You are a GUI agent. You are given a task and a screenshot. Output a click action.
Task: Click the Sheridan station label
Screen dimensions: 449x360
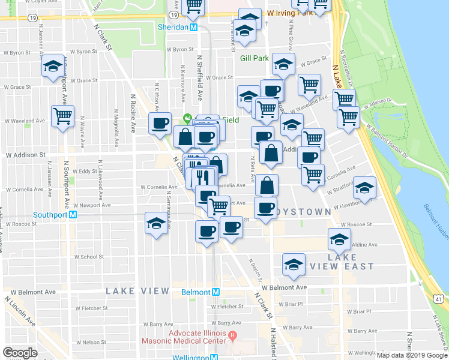coord(173,28)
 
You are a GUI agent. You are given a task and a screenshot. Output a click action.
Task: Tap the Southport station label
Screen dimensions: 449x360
coord(50,214)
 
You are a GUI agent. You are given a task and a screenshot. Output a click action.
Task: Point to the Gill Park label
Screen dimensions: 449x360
coord(254,58)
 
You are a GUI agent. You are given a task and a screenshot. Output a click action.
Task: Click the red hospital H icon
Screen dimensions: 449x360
coord(233,334)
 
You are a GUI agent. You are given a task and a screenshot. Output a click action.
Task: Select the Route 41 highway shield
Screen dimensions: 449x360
coord(440,299)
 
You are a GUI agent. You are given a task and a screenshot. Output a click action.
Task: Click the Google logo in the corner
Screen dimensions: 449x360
coord(20,353)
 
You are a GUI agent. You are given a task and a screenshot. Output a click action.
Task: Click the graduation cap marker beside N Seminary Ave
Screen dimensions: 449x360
coord(156,224)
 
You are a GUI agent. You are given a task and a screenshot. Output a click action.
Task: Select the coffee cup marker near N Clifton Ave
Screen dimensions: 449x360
coord(160,124)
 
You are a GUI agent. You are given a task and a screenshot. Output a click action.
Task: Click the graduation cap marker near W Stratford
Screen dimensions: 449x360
coord(364,188)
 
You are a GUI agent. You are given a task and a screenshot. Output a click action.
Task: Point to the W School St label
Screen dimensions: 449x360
coord(87,256)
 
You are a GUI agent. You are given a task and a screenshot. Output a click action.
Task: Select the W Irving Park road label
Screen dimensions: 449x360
coord(290,13)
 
